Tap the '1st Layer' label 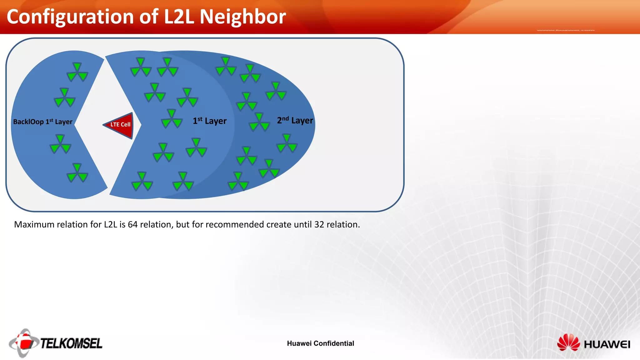209,121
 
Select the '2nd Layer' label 295,120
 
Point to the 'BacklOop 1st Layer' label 42,122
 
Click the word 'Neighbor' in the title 242,17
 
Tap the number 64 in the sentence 132,224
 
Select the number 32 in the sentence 319,224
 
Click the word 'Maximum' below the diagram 33,224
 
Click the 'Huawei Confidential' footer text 320,343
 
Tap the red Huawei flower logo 568,342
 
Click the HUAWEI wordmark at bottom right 607,344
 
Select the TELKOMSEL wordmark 71,343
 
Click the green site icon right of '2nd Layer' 287,143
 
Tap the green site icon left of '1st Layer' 172,119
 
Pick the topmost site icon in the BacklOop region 77,72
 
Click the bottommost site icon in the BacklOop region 77,173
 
